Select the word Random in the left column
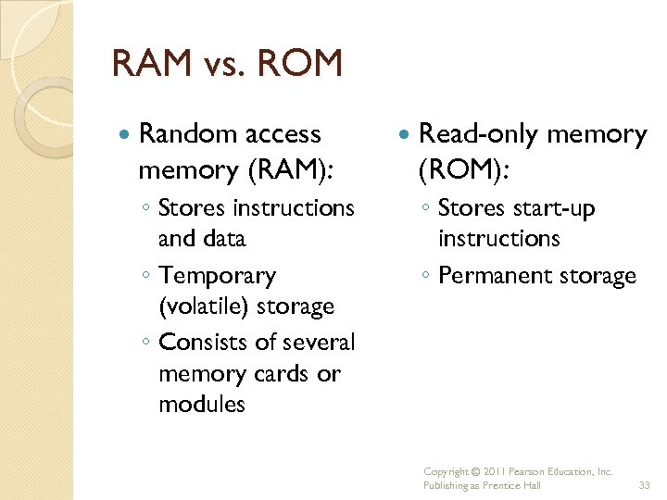tap(182, 134)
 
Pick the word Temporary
tap(217, 276)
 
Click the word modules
tap(202, 405)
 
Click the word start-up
tap(553, 209)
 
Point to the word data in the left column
tap(223, 239)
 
